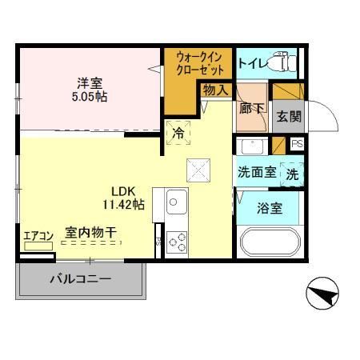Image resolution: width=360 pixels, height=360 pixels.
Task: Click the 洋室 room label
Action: tap(89, 82)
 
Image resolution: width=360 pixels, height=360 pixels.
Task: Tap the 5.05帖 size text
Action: tap(89, 96)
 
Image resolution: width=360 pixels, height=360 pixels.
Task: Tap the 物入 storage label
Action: tap(216, 90)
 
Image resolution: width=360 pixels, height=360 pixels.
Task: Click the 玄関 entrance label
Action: tap(289, 115)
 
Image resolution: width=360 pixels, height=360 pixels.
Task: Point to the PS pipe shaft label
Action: tap(297, 144)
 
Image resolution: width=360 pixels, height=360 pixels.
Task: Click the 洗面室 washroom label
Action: tap(255, 172)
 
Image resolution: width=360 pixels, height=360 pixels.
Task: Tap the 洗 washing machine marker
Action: tap(292, 172)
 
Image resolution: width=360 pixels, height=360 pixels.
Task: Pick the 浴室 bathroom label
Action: tap(269, 209)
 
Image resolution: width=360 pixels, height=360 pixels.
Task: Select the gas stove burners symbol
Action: tap(177, 242)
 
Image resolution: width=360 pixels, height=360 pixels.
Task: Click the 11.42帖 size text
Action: tap(122, 205)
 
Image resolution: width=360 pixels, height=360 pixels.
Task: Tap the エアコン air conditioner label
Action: tap(38, 234)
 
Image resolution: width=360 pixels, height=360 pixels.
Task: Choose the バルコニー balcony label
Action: tap(81, 280)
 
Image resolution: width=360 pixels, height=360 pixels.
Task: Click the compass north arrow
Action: tap(324, 298)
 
